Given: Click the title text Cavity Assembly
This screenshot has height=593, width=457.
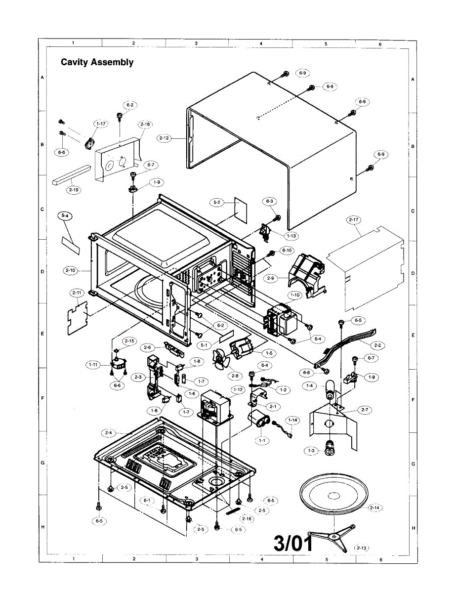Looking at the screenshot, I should coord(97,62).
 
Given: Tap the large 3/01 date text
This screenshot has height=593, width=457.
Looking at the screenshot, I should coord(294,544).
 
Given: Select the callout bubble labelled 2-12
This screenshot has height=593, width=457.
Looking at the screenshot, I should coord(165,138).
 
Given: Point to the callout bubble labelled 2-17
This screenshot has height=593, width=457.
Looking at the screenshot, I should coord(353,219).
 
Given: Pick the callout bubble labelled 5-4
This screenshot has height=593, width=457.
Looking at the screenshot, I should coord(64,216).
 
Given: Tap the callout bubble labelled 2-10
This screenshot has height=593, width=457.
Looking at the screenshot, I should coord(70,270).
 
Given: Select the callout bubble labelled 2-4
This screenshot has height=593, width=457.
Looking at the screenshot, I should coord(109,433).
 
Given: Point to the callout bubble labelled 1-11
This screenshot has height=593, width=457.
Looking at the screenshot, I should coord(92,365).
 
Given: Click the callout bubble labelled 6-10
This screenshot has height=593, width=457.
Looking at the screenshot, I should coord(287,251).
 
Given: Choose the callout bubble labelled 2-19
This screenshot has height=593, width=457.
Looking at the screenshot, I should coord(74,190).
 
